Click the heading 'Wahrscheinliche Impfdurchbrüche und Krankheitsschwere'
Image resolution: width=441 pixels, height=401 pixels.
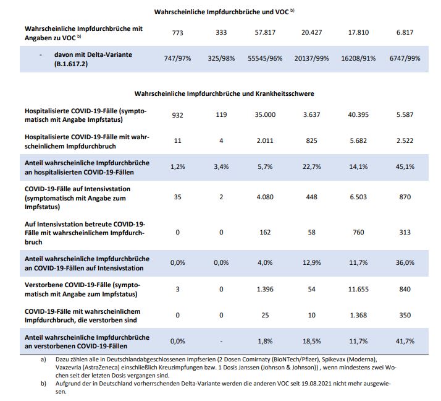pos(225,93)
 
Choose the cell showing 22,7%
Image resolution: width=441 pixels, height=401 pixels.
pos(313,166)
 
